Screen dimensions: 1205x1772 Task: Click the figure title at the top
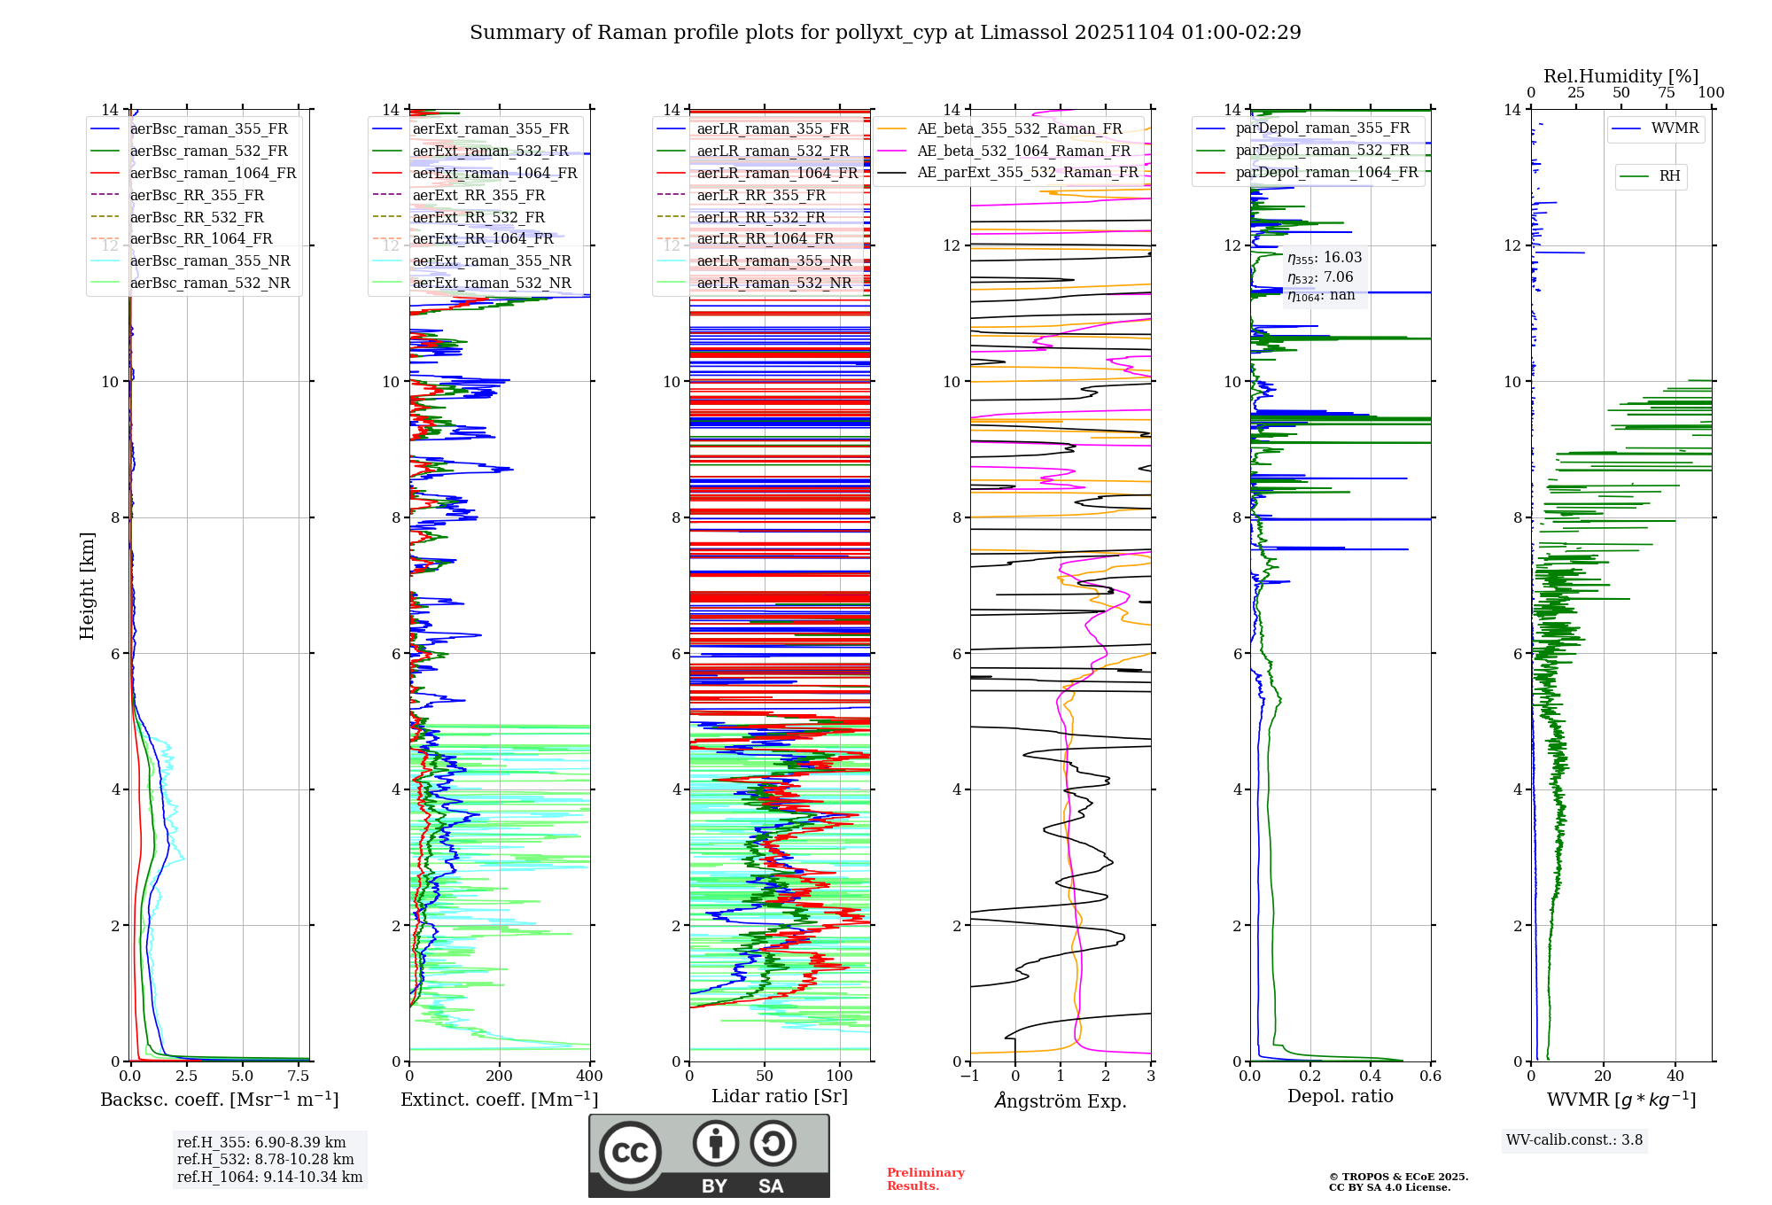pos(885,33)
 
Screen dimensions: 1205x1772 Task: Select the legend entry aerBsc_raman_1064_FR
pos(213,173)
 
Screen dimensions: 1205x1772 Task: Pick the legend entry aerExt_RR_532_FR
pos(478,217)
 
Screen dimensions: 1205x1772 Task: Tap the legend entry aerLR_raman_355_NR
pos(773,260)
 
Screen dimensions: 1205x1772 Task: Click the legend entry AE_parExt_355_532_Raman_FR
pos(1027,172)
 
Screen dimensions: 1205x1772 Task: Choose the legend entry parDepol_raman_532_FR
pos(1322,150)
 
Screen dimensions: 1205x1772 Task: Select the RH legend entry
pos(1669,176)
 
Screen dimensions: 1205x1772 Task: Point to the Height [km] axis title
pos(87,585)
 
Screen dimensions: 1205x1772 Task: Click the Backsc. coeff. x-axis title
pos(219,1100)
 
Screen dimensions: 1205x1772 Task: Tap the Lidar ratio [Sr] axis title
pos(779,1096)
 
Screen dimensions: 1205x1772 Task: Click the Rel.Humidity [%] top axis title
pos(1620,76)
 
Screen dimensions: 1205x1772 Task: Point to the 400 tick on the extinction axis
pos(589,1077)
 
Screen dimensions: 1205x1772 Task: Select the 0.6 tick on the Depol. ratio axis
pos(1430,1077)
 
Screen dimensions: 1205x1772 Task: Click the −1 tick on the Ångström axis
pos(970,1077)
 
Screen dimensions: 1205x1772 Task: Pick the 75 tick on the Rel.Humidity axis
pos(1666,93)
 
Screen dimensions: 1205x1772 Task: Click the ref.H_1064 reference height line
pos(269,1177)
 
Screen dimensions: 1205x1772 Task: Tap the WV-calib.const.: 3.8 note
pos(1574,1140)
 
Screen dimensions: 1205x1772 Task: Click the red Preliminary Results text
pos(925,1179)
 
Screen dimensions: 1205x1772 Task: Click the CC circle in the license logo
pos(630,1153)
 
